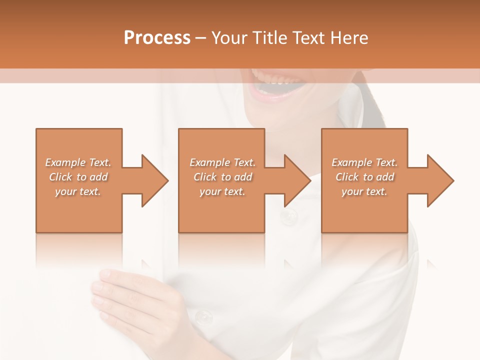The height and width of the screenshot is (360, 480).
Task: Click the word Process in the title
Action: point(157,37)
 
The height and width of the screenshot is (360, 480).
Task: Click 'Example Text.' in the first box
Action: point(78,162)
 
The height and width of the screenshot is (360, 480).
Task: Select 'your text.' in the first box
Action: point(78,191)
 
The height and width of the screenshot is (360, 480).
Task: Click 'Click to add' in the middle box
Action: point(222,177)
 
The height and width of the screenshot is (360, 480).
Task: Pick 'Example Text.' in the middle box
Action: point(222,162)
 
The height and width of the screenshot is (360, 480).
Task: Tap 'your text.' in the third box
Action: point(364,191)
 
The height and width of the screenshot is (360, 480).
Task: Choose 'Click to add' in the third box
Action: point(364,177)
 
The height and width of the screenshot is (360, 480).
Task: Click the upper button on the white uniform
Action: point(288,216)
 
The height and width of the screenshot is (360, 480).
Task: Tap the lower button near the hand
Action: point(203,316)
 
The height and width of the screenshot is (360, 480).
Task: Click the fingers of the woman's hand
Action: point(107,290)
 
